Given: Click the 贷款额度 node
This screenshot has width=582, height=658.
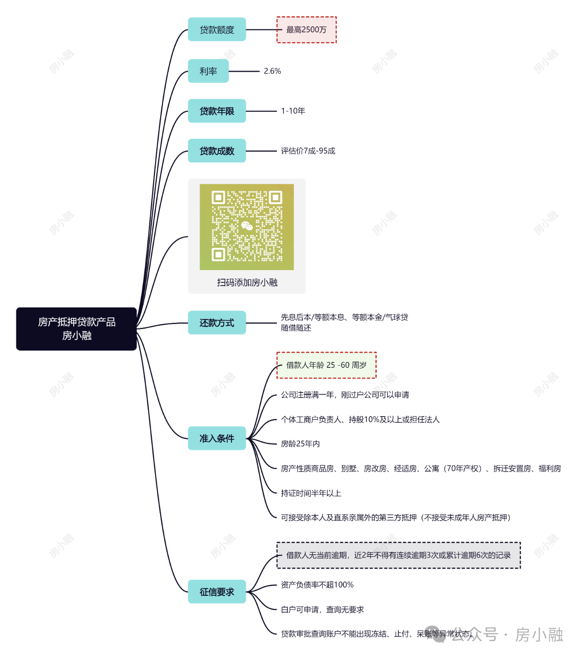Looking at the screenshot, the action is (216, 29).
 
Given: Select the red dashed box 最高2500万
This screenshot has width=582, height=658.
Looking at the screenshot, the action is (306, 30).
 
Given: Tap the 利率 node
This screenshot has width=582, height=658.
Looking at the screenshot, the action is (208, 71).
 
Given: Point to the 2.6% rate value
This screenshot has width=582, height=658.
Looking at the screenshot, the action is (272, 71).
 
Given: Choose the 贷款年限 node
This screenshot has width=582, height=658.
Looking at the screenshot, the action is (216, 111).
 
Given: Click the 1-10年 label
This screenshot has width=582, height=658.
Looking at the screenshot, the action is (293, 111).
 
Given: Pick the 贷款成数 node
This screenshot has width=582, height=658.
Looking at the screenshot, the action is (216, 151).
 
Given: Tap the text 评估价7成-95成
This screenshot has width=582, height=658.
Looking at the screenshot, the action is (308, 151).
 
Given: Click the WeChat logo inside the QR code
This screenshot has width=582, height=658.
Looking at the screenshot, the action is (247, 226).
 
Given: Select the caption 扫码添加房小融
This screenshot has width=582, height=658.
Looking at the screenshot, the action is (247, 282).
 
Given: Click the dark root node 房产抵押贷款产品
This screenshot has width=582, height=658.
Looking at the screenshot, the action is (76, 329).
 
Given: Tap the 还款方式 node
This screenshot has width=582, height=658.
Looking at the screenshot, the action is (216, 322).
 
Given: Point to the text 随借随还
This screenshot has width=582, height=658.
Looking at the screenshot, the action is (296, 328).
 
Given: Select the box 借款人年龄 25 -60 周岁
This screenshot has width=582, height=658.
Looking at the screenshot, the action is (326, 365).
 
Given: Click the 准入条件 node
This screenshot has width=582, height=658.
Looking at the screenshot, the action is (216, 438).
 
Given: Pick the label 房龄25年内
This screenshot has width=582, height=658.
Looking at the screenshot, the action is (300, 444).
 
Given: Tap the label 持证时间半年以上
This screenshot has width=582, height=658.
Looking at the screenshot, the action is (311, 493).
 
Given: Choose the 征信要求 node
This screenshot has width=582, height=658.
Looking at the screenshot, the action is (216, 592).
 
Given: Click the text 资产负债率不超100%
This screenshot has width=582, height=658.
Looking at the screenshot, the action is (317, 585).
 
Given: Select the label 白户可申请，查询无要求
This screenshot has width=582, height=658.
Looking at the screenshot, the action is (322, 609).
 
